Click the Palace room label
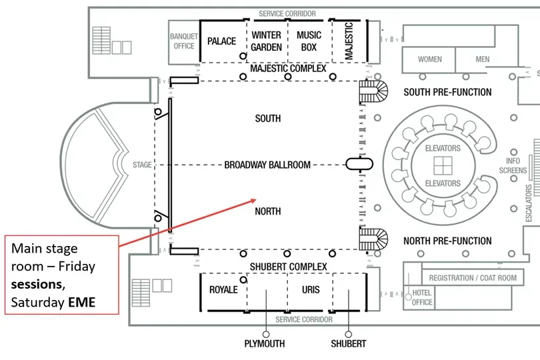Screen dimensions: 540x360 tap(221, 41)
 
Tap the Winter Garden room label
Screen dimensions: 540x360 tap(266, 41)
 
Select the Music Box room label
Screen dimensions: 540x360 tap(309, 41)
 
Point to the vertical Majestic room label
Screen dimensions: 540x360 tap(349, 41)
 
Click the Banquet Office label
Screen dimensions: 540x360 tap(184, 41)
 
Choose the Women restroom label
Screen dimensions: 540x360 tap(430, 59)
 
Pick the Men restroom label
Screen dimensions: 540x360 tap(483, 59)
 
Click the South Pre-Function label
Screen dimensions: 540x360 tap(447, 92)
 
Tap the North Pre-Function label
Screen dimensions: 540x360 tap(447, 241)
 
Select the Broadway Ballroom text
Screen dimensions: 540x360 tap(267, 165)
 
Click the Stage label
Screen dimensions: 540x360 tap(142, 165)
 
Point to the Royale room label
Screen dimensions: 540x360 tap(223, 290)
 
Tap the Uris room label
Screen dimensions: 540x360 tap(311, 290)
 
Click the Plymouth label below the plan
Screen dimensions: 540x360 tap(265, 344)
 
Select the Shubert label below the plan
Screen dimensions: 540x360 tap(349, 344)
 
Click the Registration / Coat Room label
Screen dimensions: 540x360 tap(473, 278)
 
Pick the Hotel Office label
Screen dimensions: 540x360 tap(422, 297)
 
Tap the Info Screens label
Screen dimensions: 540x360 tap(513, 166)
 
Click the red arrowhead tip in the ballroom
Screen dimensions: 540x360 tap(256, 199)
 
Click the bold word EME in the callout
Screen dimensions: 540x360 tap(81, 303)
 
